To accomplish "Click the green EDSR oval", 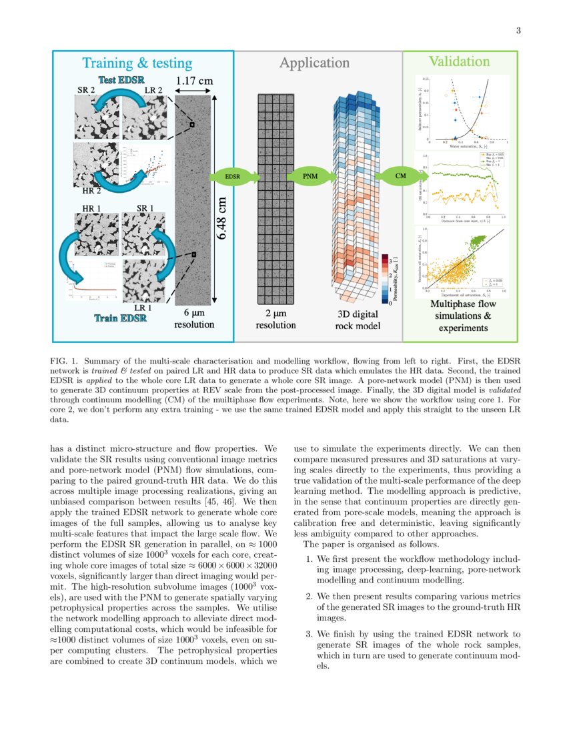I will [232, 177].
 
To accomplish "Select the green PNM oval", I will [310, 177].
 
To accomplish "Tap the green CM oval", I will [400, 176].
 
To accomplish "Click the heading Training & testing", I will [137, 63].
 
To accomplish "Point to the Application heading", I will [314, 63].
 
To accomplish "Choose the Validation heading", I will [459, 61].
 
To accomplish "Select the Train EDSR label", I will [120, 318].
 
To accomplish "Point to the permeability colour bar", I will [385, 276].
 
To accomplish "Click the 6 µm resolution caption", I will [194, 318].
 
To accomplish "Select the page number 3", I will [518, 31].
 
